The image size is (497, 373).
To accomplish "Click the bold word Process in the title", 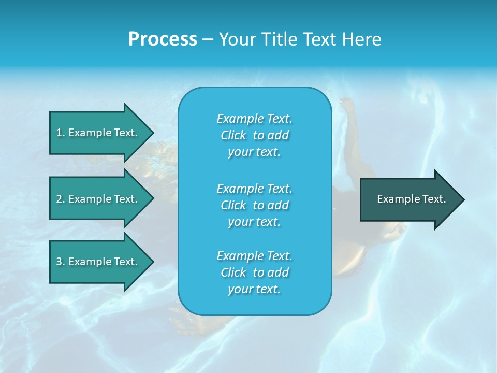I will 163,39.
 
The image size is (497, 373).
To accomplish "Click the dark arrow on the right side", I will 409,199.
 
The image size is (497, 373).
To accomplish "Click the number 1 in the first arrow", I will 59,133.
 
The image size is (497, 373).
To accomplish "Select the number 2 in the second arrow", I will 59,199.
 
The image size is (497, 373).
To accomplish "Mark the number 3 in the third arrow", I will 59,262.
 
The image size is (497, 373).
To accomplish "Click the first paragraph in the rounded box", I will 254,135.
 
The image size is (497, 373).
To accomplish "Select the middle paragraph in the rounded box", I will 254,205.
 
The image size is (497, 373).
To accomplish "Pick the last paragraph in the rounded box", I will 254,272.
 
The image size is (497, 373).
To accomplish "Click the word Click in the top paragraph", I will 233,135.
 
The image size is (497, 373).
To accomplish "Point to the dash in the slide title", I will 208,39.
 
